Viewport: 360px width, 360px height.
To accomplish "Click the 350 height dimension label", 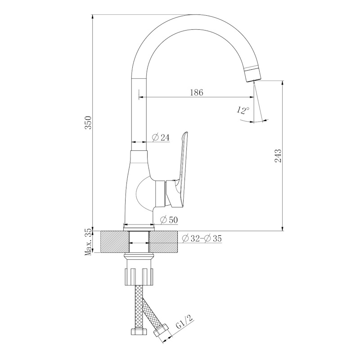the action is [x=88, y=122].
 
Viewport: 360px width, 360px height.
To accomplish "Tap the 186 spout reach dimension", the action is [x=197, y=92].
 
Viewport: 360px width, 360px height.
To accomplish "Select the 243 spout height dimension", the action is [x=278, y=156].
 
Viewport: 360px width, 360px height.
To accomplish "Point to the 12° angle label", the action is [x=243, y=110].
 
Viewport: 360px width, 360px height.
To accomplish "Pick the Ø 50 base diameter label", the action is [x=169, y=220].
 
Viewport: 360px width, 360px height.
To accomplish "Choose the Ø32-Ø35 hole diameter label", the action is [x=202, y=238].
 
